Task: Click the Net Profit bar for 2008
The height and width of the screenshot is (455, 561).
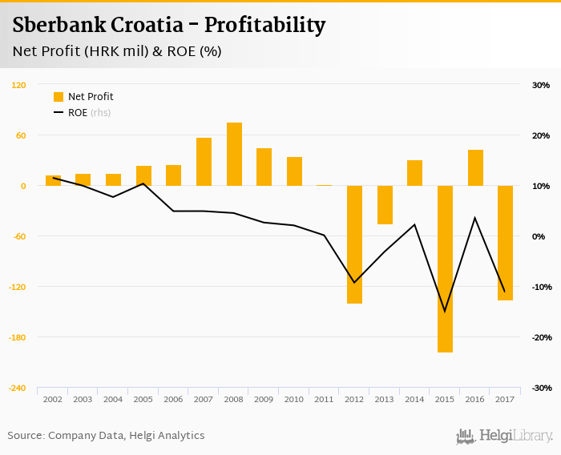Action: click(x=234, y=154)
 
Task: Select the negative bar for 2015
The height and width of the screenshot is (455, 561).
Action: click(x=445, y=268)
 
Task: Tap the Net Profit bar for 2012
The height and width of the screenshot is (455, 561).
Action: click(x=354, y=244)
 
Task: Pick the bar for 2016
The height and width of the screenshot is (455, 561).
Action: click(x=475, y=167)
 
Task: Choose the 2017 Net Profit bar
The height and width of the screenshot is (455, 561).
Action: click(x=505, y=243)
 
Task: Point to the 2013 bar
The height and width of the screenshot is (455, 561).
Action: click(x=385, y=204)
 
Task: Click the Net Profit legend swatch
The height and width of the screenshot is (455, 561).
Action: click(x=58, y=97)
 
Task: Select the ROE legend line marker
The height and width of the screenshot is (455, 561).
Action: click(x=58, y=113)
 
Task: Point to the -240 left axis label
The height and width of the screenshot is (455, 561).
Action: click(x=18, y=388)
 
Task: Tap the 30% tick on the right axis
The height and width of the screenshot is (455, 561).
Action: click(x=540, y=85)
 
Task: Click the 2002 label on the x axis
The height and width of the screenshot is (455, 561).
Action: click(x=53, y=399)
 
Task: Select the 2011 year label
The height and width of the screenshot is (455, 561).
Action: click(x=324, y=399)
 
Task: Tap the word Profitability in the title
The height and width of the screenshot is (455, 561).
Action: click(x=264, y=26)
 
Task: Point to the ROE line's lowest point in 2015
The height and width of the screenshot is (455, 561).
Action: click(x=445, y=312)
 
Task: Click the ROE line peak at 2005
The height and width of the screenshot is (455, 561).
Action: click(x=143, y=183)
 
